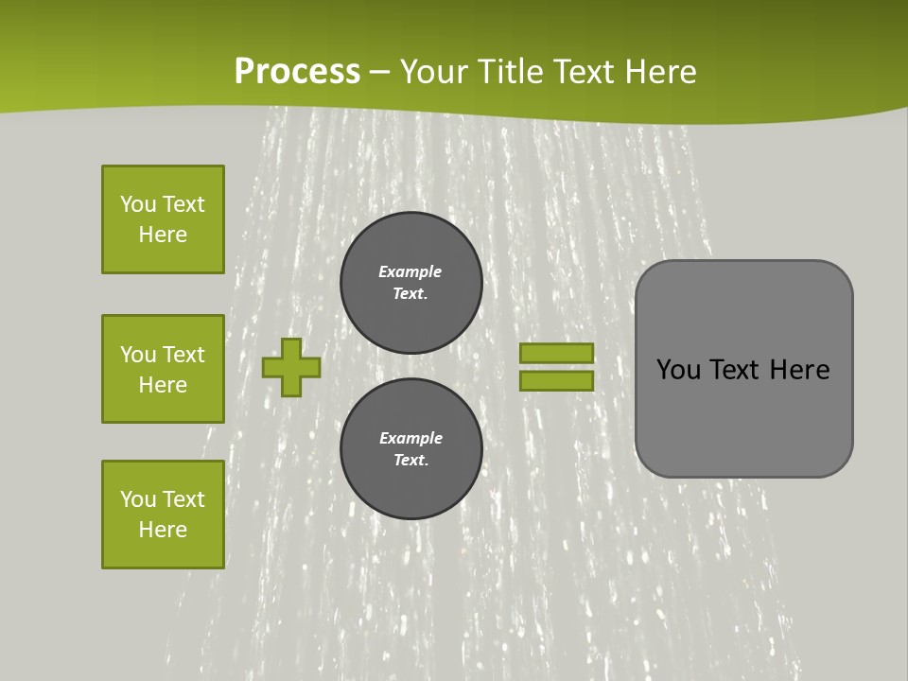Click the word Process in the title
pyautogui.click(x=297, y=72)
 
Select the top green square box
pyautogui.click(x=163, y=219)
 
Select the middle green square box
pyautogui.click(x=163, y=369)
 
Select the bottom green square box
pyautogui.click(x=163, y=515)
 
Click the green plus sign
pyautogui.click(x=291, y=367)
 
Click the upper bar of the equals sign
pyautogui.click(x=556, y=353)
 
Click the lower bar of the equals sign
pyautogui.click(x=556, y=381)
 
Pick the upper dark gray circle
pyautogui.click(x=411, y=283)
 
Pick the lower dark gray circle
pyautogui.click(x=411, y=449)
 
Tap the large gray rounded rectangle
pyautogui.click(x=743, y=416)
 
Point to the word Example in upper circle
pyautogui.click(x=410, y=271)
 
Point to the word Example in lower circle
pyautogui.click(x=410, y=438)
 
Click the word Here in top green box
pyautogui.click(x=163, y=235)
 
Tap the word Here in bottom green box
pyautogui.click(x=163, y=530)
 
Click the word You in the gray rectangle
pyautogui.click(x=678, y=370)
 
